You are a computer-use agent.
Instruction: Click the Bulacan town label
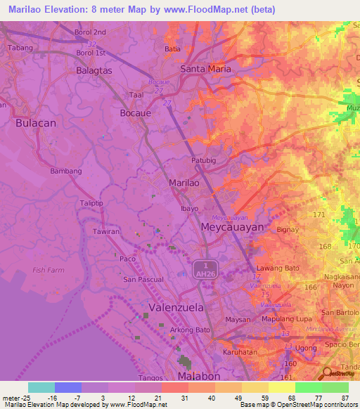click(x=35, y=122)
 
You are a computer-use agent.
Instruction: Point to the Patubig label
click(x=203, y=160)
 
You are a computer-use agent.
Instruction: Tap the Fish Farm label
click(x=49, y=269)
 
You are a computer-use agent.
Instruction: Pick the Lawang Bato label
click(x=279, y=268)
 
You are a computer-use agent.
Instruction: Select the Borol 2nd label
click(x=91, y=32)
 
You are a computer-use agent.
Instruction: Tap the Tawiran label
click(x=107, y=231)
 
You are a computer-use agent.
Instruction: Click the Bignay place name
click(x=288, y=229)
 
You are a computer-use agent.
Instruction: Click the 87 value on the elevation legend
click(x=345, y=398)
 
